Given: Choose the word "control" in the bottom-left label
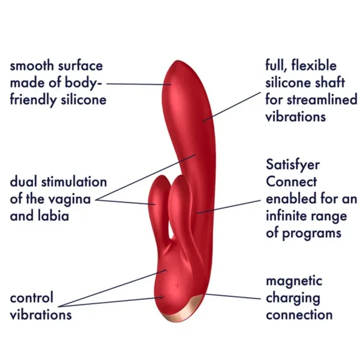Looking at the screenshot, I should [32, 298].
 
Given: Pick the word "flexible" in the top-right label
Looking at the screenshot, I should [315, 66].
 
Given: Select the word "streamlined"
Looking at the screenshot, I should [322, 99].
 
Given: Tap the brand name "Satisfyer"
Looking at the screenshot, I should [293, 165].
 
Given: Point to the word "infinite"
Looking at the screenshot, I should [293, 215].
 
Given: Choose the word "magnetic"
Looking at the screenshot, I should [294, 281].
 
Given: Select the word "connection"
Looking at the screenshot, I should [299, 315].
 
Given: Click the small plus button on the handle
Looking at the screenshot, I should [176, 285].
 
